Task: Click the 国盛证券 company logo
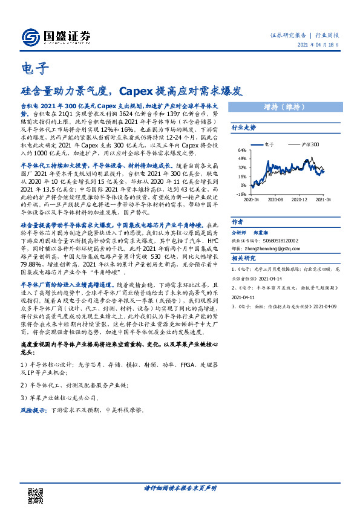(x=55, y=37)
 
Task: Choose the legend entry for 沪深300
(x=310, y=144)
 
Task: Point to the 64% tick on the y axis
(x=242, y=150)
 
